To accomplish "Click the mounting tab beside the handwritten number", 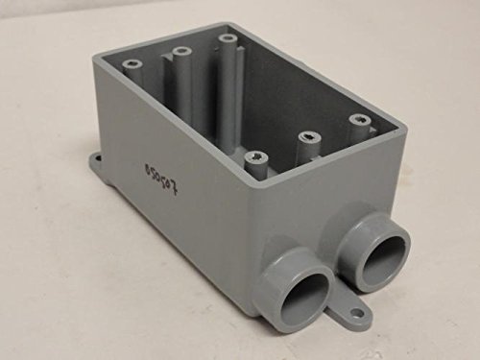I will [99, 163].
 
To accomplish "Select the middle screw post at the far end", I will [180, 49].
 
